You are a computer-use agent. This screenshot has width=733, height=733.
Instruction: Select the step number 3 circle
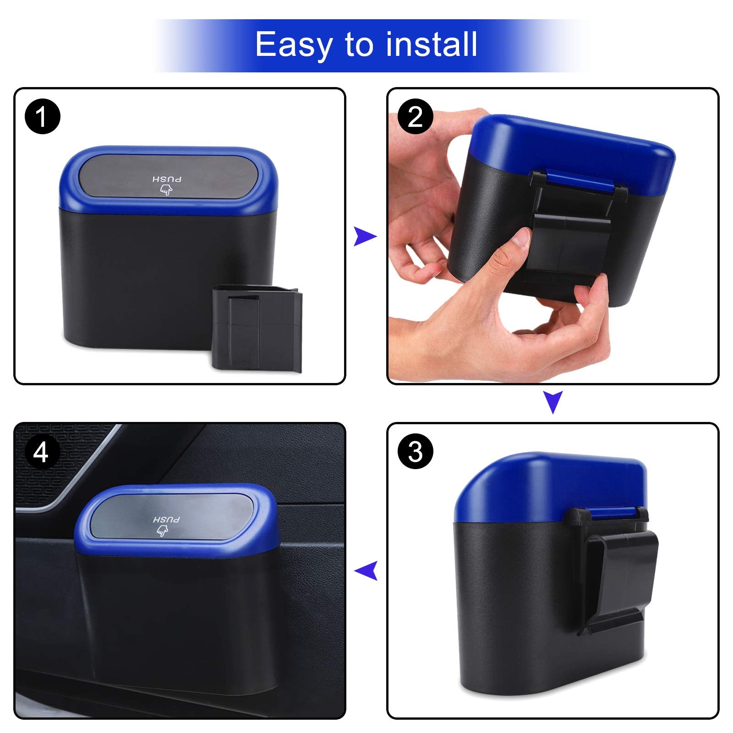415,451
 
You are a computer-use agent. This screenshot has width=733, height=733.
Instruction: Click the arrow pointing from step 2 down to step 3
553,402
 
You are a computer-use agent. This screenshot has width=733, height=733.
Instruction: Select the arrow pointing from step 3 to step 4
366,570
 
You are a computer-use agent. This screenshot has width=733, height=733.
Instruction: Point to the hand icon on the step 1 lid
166,190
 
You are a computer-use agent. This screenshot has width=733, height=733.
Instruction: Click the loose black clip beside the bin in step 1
257,328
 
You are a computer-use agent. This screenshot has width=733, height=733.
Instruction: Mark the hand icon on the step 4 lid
162,531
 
